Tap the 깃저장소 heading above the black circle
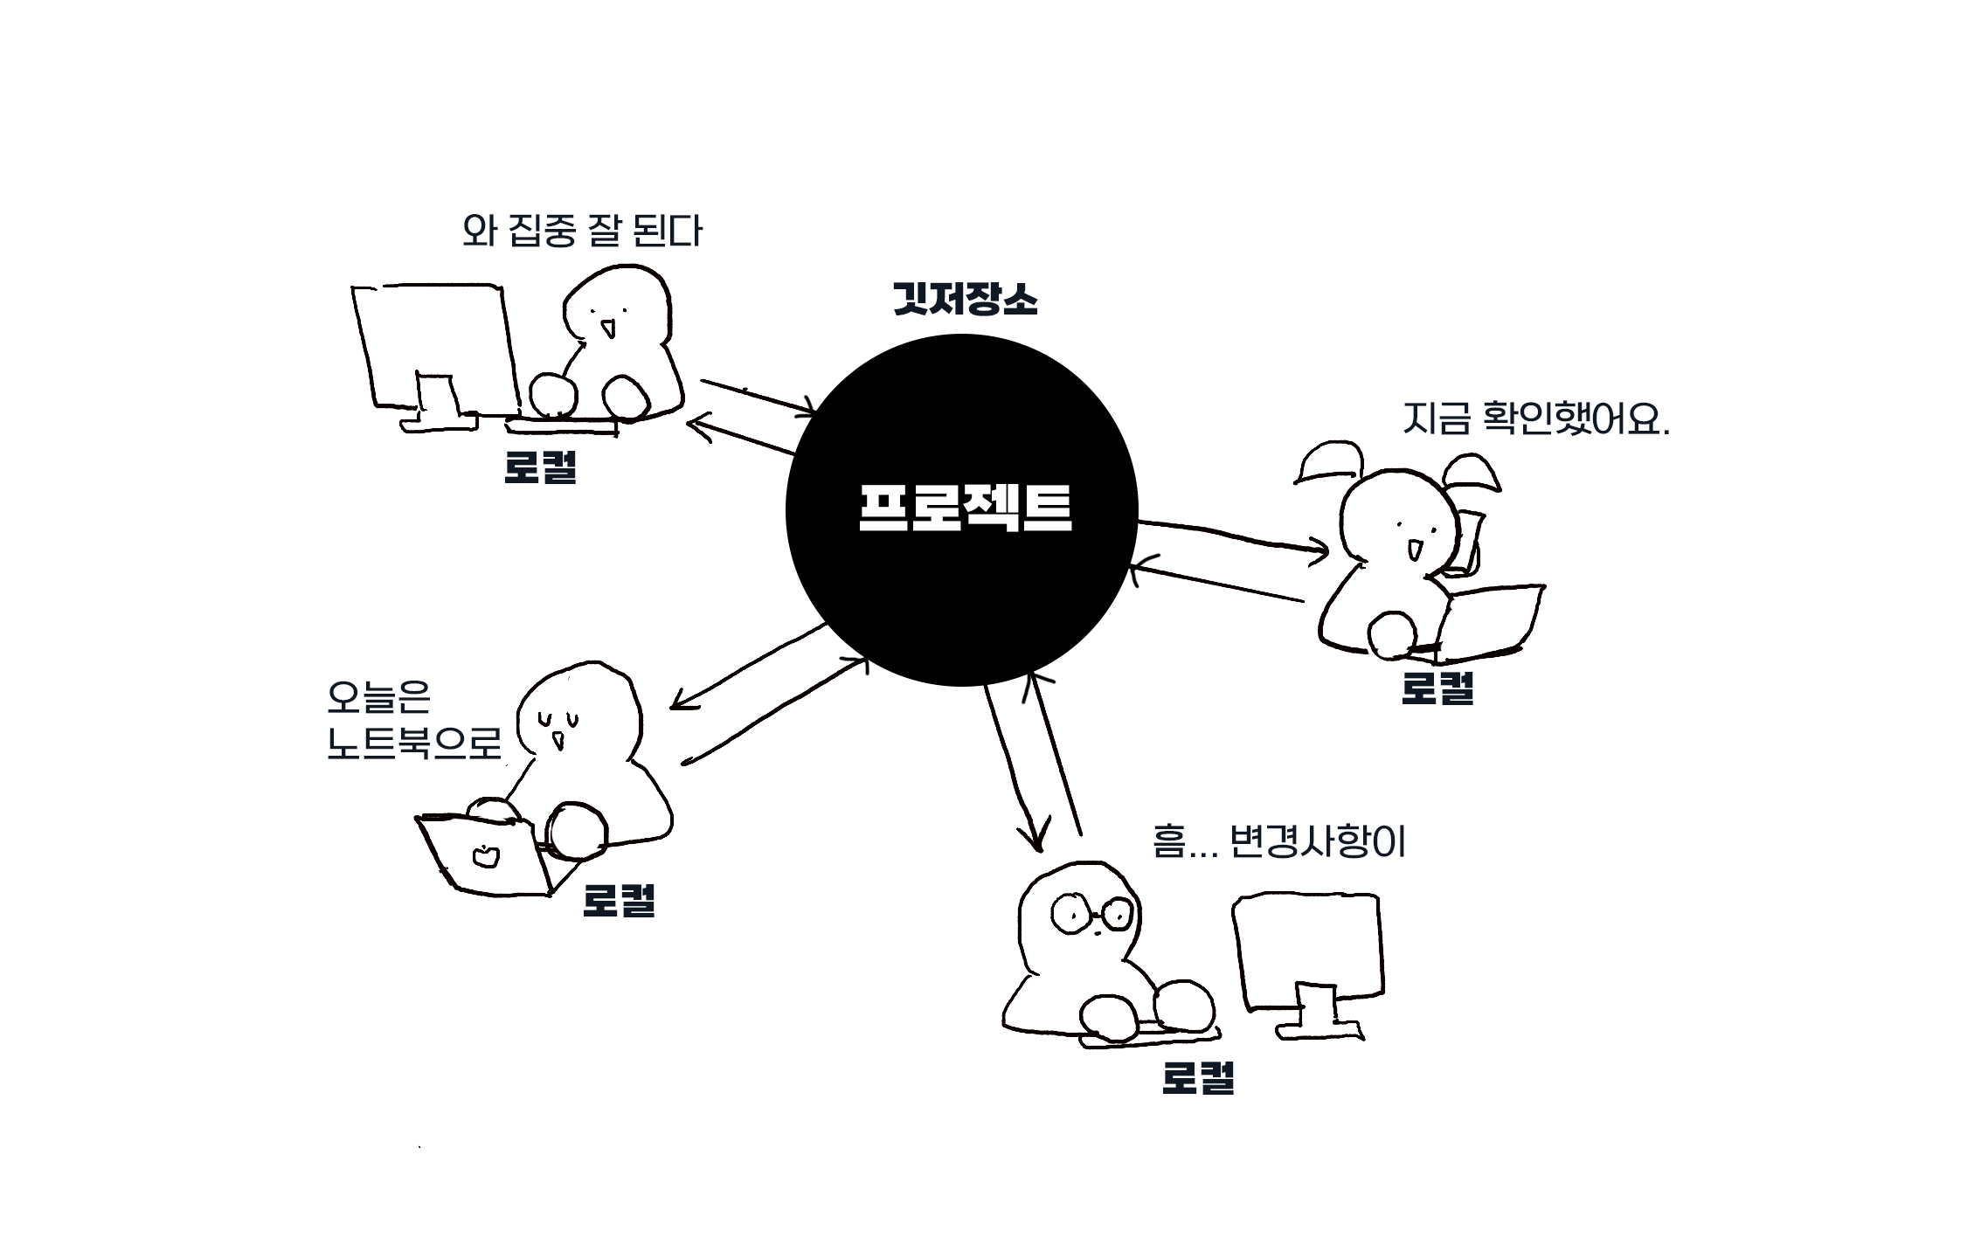coord(965,299)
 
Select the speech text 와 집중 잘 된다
coord(582,231)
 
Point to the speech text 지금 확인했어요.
coord(1536,418)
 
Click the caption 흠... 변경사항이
coord(1278,841)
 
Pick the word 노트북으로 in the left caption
coord(414,744)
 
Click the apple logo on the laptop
coord(485,857)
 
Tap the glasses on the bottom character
coord(1091,914)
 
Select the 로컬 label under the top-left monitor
coord(540,467)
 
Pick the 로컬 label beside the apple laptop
coord(619,900)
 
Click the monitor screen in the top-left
coord(437,345)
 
